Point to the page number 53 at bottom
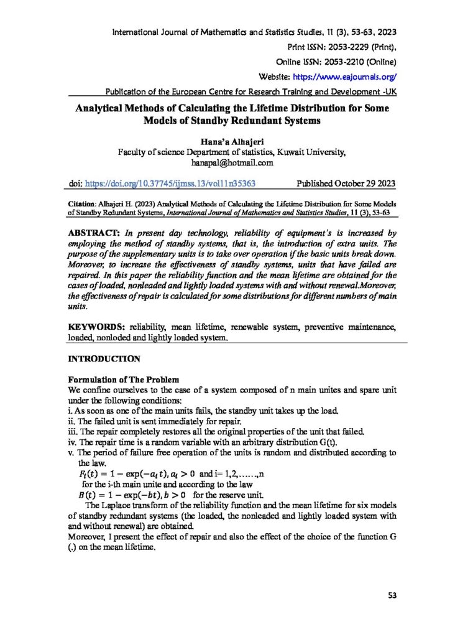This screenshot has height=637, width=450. click(x=392, y=595)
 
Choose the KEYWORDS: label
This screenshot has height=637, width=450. click(x=97, y=325)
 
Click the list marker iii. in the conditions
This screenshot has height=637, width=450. click(x=72, y=432)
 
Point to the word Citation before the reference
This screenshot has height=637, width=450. click(x=80, y=203)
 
